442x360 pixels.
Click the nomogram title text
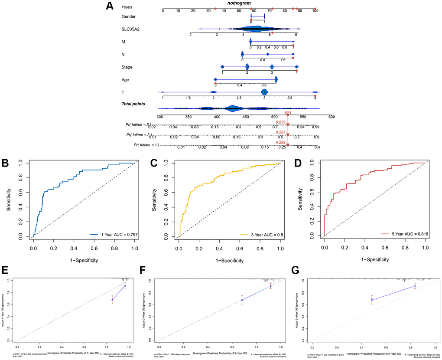(239, 3)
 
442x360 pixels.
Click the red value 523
(288, 113)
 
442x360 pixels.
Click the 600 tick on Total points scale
(331, 117)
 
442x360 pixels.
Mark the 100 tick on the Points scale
(315, 11)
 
